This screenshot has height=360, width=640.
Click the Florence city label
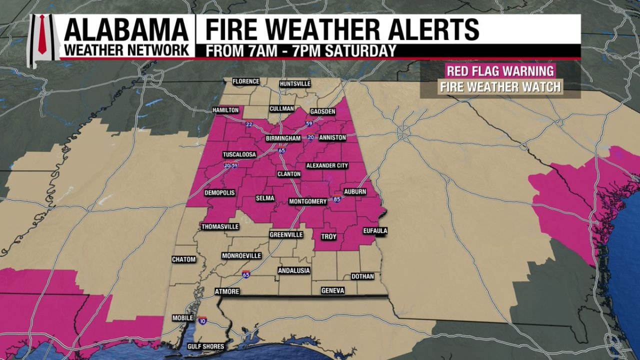click(x=246, y=81)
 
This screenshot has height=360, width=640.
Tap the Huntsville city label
click(x=295, y=83)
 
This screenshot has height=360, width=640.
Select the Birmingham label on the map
click(x=283, y=138)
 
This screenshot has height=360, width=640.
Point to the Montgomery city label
click(x=308, y=201)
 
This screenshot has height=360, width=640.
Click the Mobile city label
click(x=182, y=318)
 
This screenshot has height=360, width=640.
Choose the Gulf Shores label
click(x=205, y=346)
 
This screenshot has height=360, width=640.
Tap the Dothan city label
click(x=362, y=276)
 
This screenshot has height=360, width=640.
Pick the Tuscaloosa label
click(x=239, y=154)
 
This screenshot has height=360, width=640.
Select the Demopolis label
click(x=219, y=192)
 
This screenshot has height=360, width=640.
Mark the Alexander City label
click(x=327, y=165)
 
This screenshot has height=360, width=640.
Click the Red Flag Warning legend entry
click(x=500, y=70)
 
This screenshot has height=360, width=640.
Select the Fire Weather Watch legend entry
click(x=500, y=87)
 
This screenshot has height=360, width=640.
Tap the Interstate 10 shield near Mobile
click(x=202, y=320)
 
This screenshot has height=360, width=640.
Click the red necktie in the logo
click(x=42, y=34)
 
